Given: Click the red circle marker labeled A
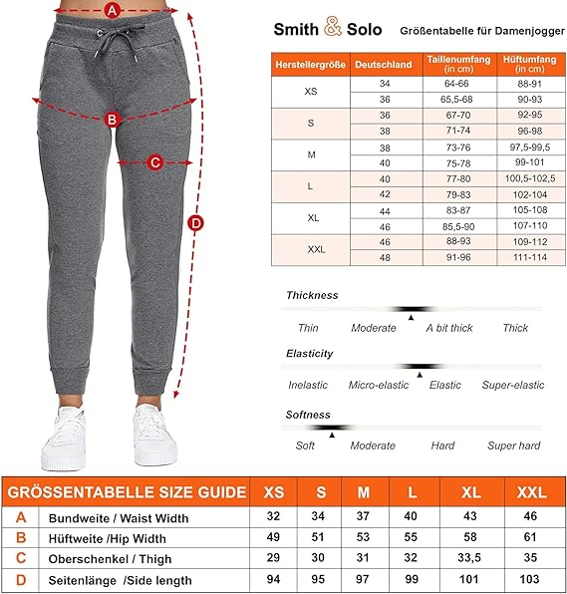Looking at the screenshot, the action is [x=113, y=11].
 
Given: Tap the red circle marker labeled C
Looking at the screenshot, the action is [x=155, y=162].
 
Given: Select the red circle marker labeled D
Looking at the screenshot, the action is [x=195, y=222].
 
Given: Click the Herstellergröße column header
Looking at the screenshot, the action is [x=311, y=65].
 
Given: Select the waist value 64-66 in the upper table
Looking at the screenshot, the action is [x=458, y=85].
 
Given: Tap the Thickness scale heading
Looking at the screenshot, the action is [x=312, y=295].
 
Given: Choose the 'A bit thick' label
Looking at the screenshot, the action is [x=449, y=328].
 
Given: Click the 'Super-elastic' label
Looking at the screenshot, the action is [x=513, y=385].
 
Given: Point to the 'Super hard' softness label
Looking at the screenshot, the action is [x=513, y=445].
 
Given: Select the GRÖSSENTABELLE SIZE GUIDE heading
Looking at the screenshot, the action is [x=126, y=492].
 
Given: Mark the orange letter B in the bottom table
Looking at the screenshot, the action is [x=22, y=539].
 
